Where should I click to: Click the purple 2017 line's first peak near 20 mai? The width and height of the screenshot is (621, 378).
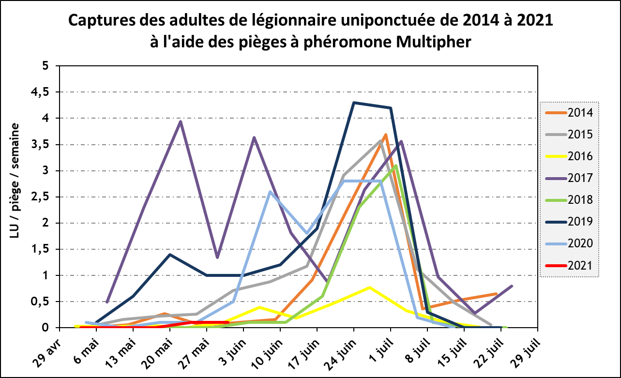(181, 121)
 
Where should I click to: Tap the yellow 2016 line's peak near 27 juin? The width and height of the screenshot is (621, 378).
(369, 287)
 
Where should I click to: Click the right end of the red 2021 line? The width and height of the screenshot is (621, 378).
(227, 322)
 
